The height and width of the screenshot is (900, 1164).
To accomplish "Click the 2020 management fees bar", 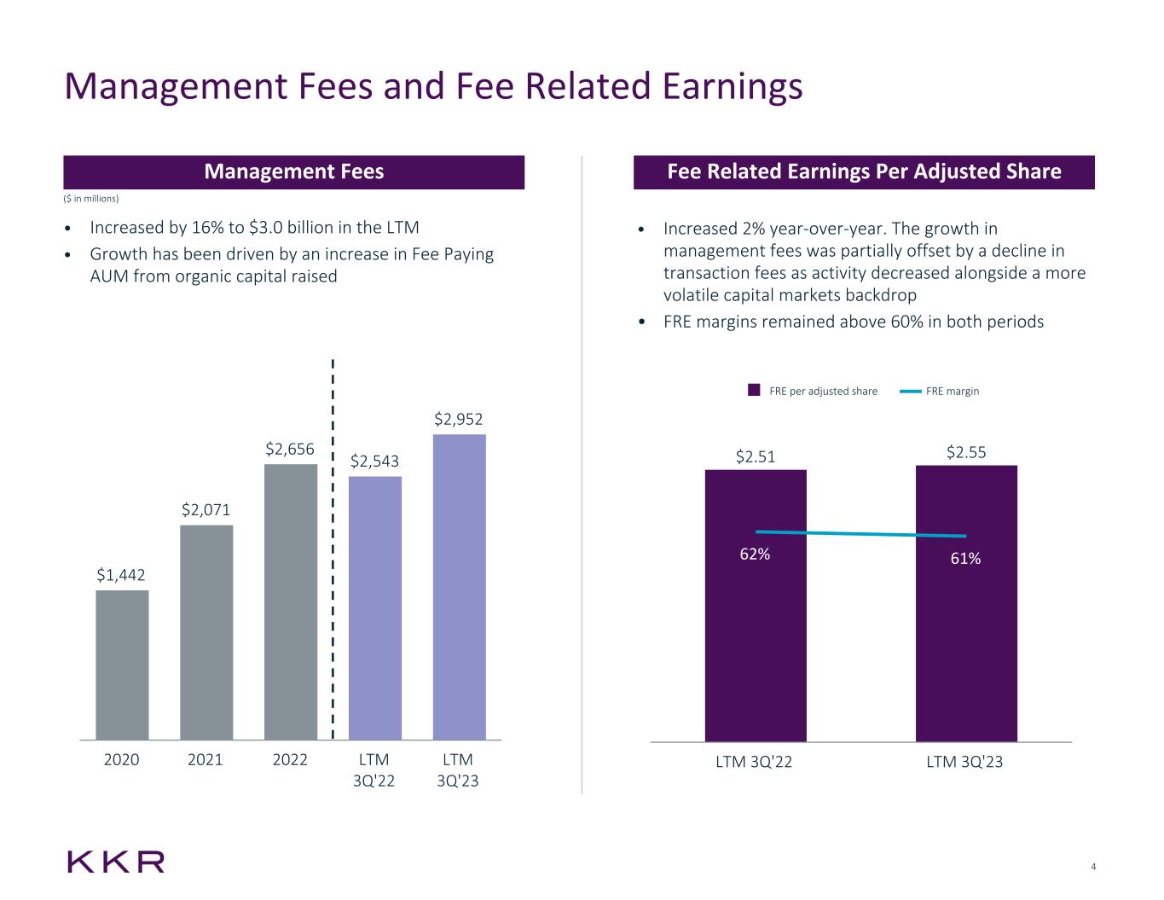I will (x=122, y=665).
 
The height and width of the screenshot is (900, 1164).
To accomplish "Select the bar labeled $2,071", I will (x=206, y=632).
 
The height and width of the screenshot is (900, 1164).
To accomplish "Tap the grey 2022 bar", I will (x=291, y=601).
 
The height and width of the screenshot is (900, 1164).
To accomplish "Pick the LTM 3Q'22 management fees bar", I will (x=375, y=607).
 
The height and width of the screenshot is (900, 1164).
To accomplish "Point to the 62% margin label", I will (x=755, y=555).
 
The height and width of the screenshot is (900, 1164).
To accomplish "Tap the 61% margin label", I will (x=965, y=559).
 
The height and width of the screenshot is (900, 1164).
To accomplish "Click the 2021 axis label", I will (x=206, y=759).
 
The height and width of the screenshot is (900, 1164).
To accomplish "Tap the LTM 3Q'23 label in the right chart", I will (x=964, y=762).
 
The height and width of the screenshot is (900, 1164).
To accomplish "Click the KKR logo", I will (x=116, y=862).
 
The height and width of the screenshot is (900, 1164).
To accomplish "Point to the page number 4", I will (x=1093, y=868).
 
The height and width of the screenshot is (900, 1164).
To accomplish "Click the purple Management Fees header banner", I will (x=293, y=171).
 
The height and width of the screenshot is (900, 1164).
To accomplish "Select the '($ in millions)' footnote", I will (x=91, y=199).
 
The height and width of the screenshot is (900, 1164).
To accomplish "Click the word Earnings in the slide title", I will (x=725, y=86).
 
